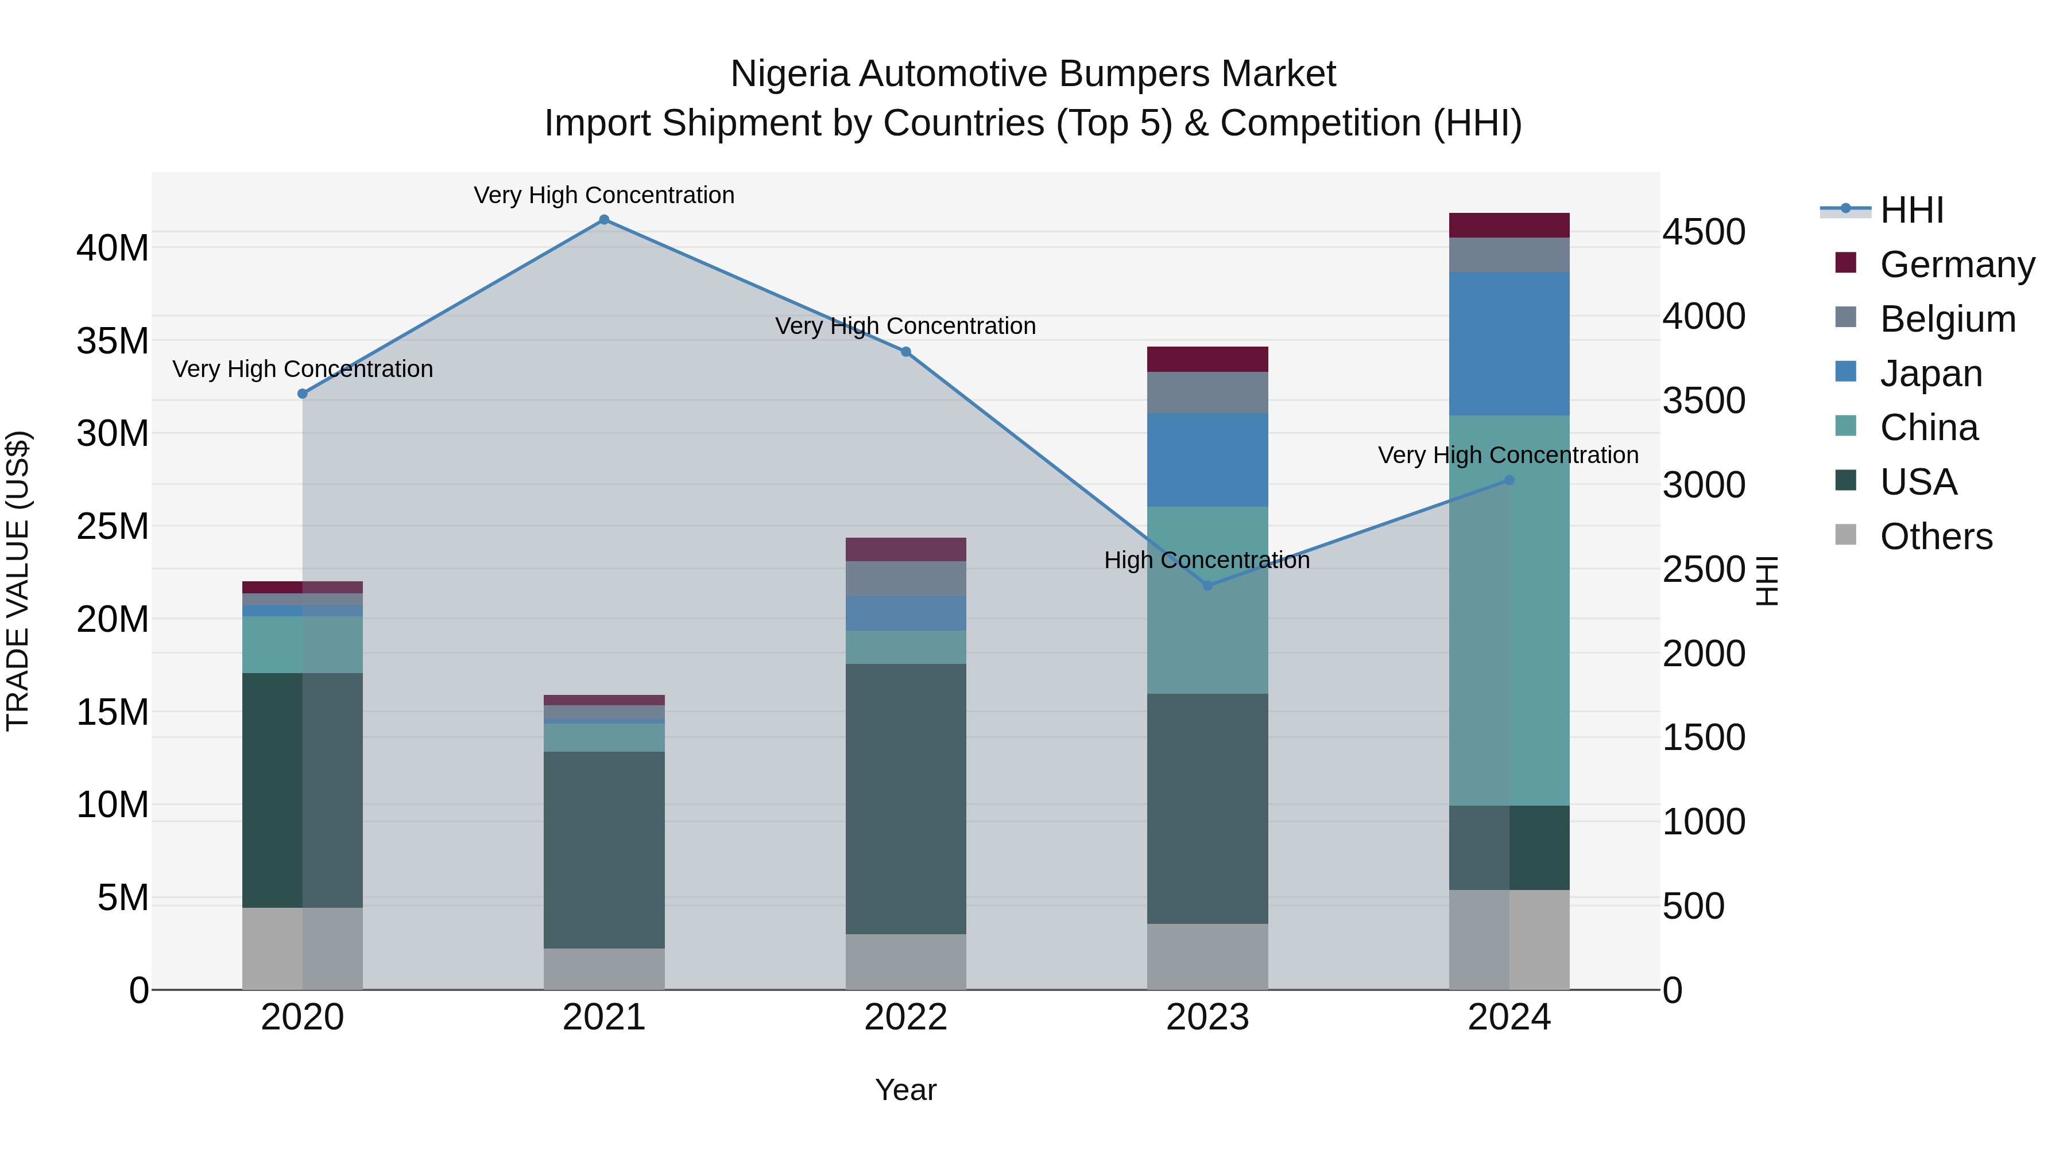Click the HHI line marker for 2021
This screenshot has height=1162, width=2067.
[x=604, y=220]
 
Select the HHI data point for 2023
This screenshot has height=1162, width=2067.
[x=1207, y=585]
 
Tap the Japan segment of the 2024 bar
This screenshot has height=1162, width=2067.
[x=1508, y=343]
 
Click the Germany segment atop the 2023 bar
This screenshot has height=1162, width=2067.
[x=1207, y=359]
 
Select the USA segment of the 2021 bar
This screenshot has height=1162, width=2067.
[x=604, y=849]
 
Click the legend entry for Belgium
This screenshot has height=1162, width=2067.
[x=1948, y=319]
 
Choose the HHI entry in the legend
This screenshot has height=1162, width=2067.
[x=1911, y=210]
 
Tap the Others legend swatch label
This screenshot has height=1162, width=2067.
[x=1936, y=537]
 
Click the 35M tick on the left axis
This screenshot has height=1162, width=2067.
[x=113, y=341]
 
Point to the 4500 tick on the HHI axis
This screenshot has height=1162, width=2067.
[x=1703, y=232]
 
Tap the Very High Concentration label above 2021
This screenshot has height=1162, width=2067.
[x=604, y=195]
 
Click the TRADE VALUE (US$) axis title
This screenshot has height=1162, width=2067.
[x=18, y=581]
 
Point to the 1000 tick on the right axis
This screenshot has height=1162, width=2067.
[x=1703, y=822]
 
